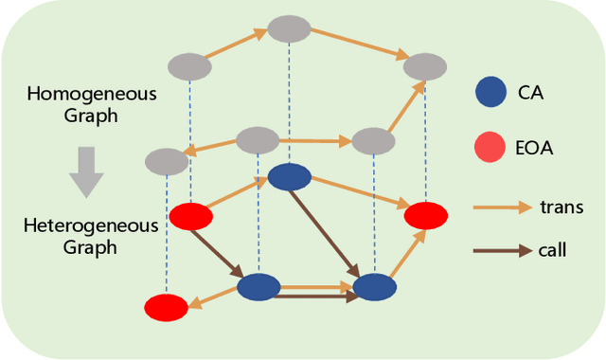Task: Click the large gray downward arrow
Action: (85, 171)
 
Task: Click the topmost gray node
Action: (289, 28)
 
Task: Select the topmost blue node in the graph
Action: (290, 176)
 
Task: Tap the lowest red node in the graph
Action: (166, 307)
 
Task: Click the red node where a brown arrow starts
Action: (190, 216)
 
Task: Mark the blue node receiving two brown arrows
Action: (374, 287)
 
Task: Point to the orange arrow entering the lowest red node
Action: (212, 297)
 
